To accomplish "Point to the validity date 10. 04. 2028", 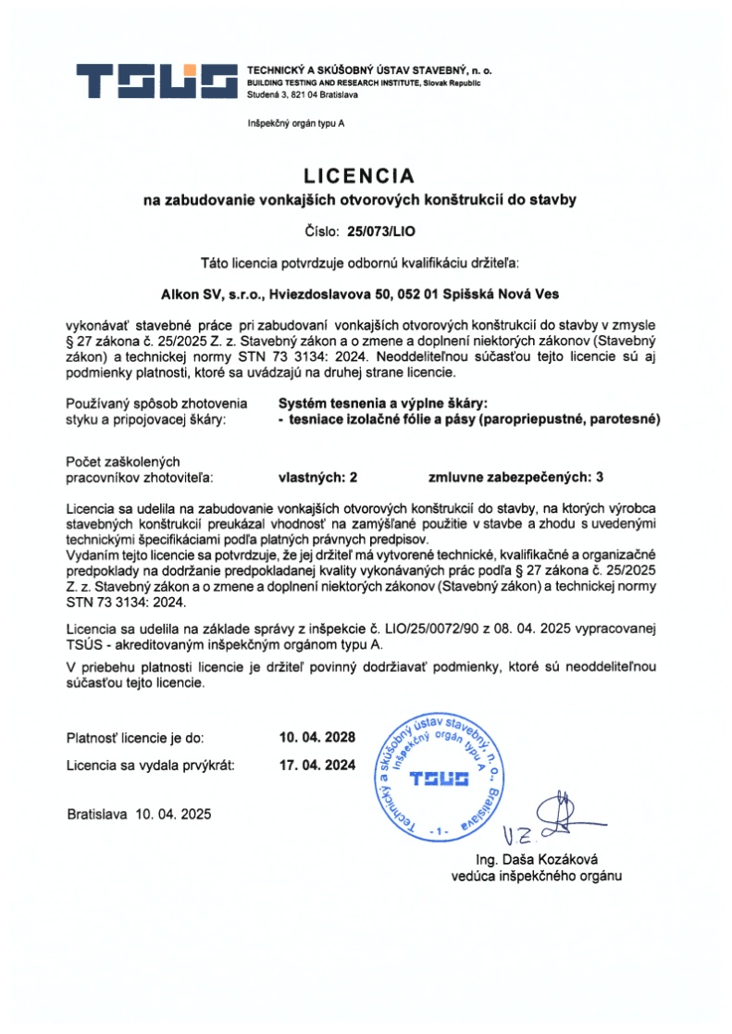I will click(x=317, y=739).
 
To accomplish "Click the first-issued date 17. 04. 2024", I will click(x=317, y=766).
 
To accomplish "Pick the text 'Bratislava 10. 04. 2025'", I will click(x=139, y=815).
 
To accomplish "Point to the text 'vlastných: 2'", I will click(x=317, y=478).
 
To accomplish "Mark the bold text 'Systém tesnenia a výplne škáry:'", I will click(x=382, y=404).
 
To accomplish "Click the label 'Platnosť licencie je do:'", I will click(x=135, y=739).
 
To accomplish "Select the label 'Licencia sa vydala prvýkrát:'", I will click(x=151, y=766).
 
